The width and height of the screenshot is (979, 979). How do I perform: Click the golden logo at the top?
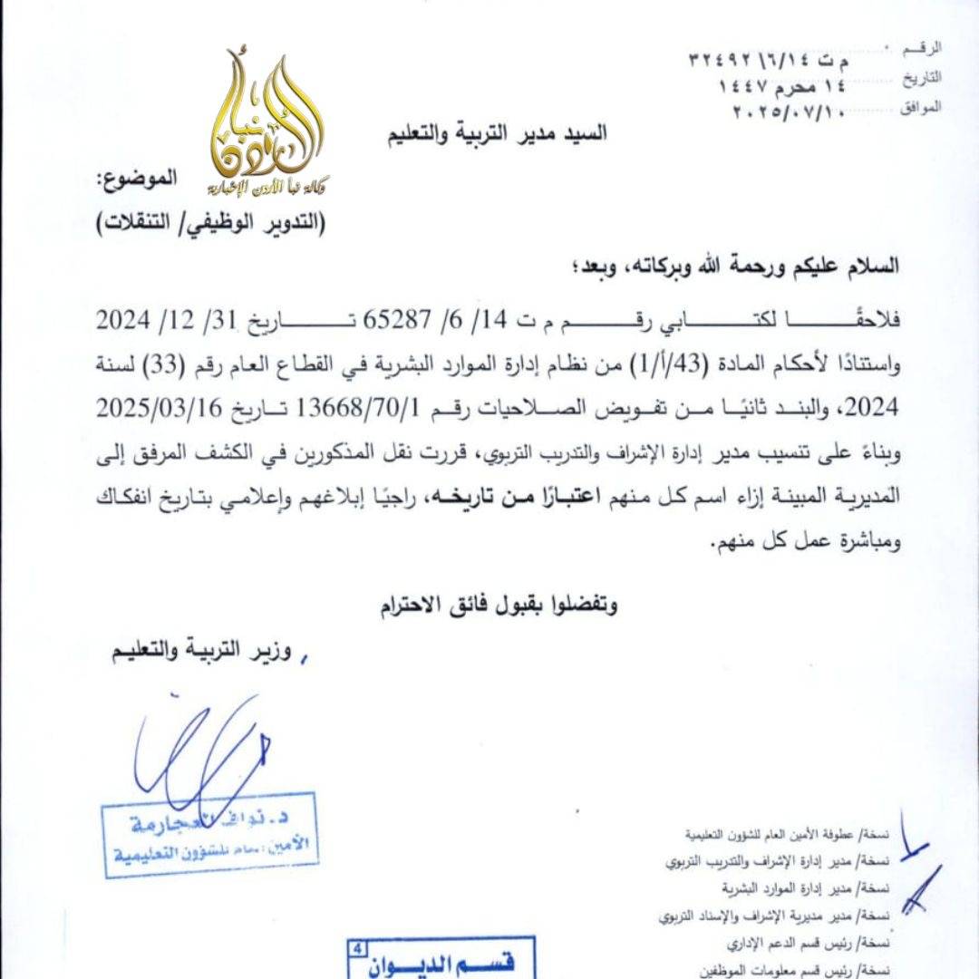pyautogui.click(x=269, y=127)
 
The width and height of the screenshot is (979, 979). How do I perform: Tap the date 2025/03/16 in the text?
pyautogui.click(x=158, y=408)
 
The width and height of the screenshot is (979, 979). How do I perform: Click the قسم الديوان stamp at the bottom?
pyautogui.click(x=441, y=959)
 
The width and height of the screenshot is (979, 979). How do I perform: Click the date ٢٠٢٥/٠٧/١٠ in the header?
pyautogui.click(x=792, y=112)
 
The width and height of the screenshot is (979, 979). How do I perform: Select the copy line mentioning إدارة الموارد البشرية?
pyautogui.click(x=789, y=888)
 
